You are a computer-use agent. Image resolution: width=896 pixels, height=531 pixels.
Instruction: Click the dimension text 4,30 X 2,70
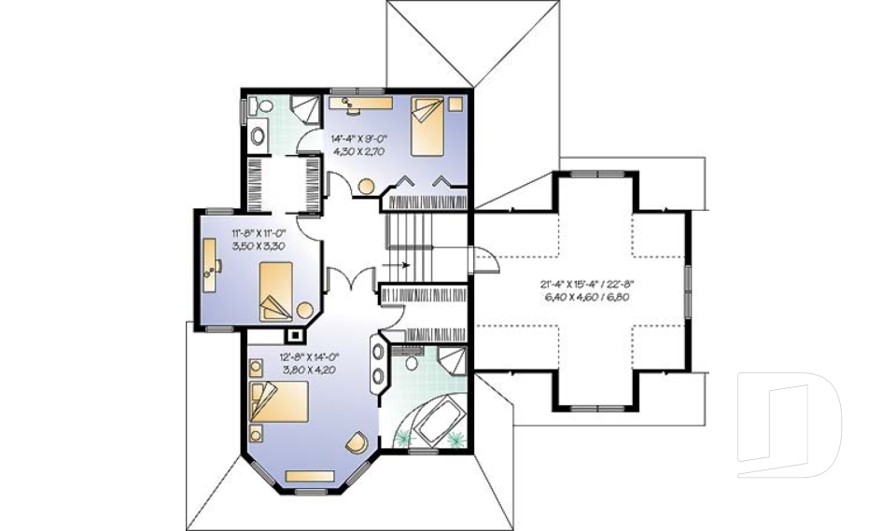358,150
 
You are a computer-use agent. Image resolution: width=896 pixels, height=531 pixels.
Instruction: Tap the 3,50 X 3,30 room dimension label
258,245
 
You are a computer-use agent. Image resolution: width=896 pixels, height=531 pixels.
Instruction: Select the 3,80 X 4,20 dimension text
307,370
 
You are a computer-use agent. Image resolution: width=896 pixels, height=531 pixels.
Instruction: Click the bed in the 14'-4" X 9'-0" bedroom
427,126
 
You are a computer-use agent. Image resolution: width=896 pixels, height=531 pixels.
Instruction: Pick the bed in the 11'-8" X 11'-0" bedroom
276,291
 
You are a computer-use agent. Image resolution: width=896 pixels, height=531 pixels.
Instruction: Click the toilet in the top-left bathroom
258,134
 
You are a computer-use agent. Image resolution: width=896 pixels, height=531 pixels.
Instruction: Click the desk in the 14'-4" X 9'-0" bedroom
358,102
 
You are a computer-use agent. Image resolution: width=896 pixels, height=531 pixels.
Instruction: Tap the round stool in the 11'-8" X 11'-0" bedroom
305,310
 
